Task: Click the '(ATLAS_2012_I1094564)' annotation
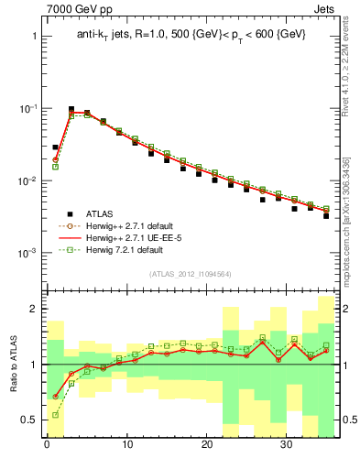coord(188,273)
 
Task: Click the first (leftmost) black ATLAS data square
coord(55,147)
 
